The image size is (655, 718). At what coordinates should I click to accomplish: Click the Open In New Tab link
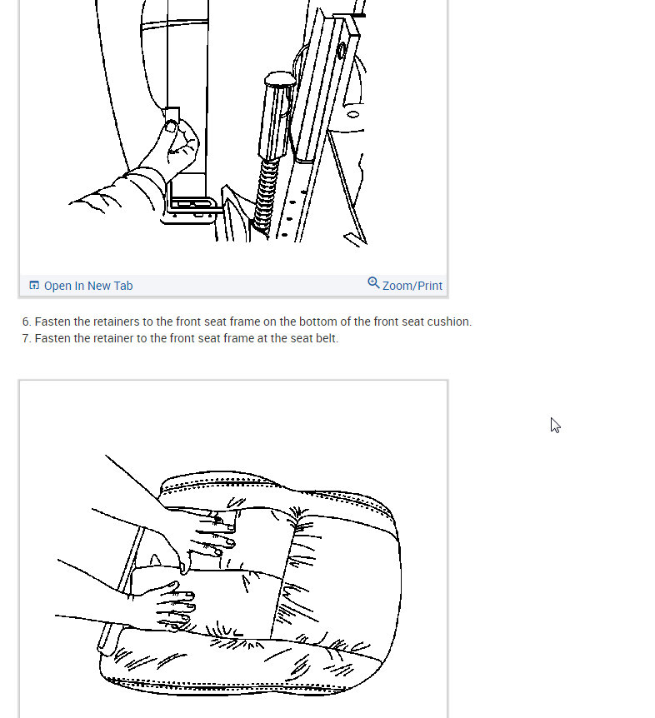[x=87, y=286]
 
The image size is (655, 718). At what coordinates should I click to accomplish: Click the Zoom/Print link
[x=412, y=286]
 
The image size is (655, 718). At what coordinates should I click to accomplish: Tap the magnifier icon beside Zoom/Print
[x=373, y=283]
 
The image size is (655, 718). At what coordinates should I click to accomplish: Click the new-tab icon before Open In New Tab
[x=34, y=286]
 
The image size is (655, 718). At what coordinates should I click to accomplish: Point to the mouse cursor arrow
[x=555, y=425]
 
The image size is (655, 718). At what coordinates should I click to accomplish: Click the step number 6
[x=26, y=322]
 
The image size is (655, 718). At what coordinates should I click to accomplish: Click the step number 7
[x=26, y=338]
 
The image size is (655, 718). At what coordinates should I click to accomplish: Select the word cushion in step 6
[x=448, y=322]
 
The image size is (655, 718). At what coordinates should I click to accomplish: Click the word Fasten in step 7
[x=52, y=338]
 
